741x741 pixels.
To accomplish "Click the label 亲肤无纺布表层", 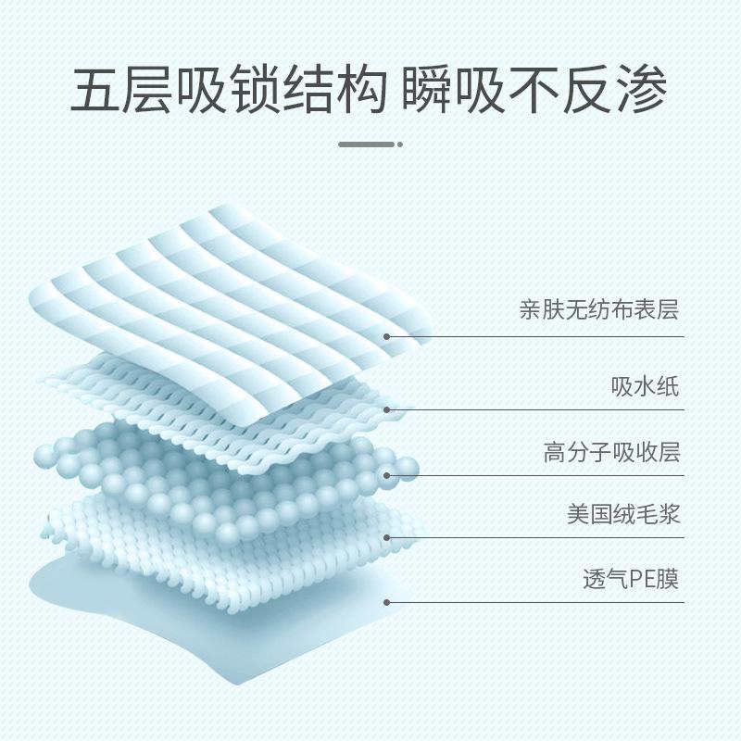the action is (x=598, y=309).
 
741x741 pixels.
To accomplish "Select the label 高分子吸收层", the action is (x=611, y=452).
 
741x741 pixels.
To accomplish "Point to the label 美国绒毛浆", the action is (x=624, y=514).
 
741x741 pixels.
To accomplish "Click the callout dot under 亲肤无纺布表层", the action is (x=386, y=339).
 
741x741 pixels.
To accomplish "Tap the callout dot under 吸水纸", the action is (x=386, y=409).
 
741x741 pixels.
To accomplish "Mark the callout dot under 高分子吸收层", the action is (x=386, y=476).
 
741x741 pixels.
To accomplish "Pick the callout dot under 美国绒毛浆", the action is (x=386, y=537).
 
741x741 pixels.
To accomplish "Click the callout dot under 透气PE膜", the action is (x=386, y=602).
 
